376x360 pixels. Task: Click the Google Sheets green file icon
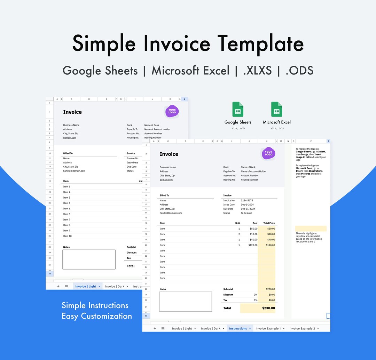point(238,109)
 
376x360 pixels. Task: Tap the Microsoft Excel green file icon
point(277,109)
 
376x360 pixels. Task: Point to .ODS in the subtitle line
point(299,71)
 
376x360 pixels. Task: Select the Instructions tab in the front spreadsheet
point(238,328)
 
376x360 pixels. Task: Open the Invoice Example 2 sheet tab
point(302,328)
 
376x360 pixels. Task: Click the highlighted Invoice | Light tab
point(86,286)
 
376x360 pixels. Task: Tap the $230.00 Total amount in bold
point(268,308)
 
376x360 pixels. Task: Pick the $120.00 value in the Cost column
point(251,245)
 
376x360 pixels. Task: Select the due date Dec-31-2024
point(248,209)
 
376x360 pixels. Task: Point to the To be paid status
point(246,213)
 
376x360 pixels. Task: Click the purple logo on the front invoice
point(268,153)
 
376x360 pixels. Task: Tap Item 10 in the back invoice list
point(68,236)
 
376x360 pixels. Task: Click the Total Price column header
point(269,223)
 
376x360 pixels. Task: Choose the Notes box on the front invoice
point(185,302)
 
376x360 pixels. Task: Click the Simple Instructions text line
point(95,305)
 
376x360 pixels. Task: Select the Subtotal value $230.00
point(270,289)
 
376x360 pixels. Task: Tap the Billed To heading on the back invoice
point(68,153)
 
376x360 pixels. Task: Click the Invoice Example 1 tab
point(268,328)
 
